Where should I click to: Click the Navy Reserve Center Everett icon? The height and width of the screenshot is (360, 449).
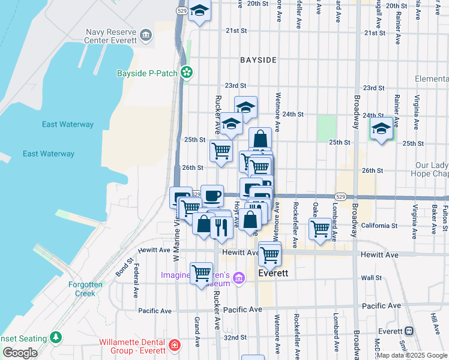coord(146,37)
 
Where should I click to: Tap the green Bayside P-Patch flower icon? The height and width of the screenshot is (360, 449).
coord(187,73)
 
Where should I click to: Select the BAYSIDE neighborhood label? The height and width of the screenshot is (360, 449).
coord(258,60)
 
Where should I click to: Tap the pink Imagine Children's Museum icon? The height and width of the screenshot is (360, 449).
coord(240,277)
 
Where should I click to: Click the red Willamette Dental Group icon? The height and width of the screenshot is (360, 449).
coord(175,346)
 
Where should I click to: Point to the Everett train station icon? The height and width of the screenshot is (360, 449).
coord(409,331)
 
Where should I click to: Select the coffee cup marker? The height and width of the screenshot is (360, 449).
coord(212,195)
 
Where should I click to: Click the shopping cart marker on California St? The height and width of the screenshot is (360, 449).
coord(321,228)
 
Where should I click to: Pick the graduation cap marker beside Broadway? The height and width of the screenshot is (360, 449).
coord(381,128)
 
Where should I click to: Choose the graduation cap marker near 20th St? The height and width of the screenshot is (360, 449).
coord(200,11)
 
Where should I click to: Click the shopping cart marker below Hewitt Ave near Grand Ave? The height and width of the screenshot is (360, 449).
coord(201,273)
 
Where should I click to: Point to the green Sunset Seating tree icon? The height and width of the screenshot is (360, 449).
coord(56,338)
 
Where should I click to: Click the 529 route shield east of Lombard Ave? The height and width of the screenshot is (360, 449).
coord(340,197)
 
